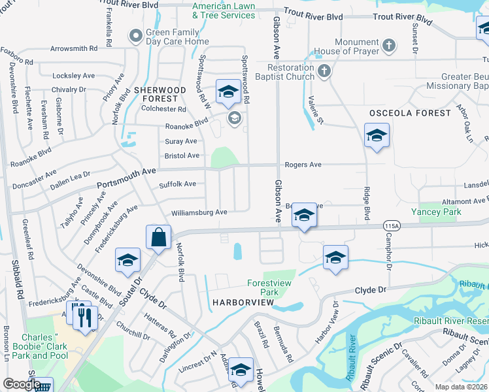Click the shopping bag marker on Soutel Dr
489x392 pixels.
(159, 238)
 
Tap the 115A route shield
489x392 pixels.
(392, 225)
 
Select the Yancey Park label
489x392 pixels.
(436, 212)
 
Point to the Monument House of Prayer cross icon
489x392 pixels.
(389, 45)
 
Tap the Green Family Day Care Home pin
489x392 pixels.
(136, 36)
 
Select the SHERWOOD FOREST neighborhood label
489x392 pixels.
(160, 94)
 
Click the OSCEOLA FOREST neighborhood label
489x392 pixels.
(410, 113)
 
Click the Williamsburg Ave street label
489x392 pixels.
(199, 212)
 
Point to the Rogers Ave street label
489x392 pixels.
(302, 165)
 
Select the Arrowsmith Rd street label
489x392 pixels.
(74, 48)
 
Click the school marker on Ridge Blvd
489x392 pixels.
(376, 136)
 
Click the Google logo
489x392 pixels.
(22, 384)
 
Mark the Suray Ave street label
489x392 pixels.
(180, 141)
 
